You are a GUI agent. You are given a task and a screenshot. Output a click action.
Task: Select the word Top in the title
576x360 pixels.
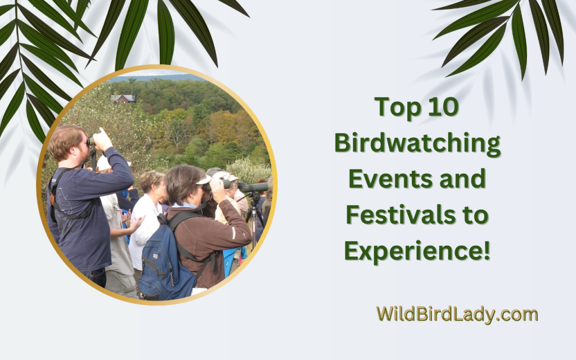pyautogui.click(x=397, y=107)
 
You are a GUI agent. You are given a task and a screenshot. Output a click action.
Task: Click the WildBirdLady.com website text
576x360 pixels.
pyautogui.click(x=457, y=314)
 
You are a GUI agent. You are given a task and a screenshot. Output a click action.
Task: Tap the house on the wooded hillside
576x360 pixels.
pyautogui.click(x=123, y=99)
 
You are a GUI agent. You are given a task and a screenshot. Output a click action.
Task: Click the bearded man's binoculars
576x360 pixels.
pyautogui.click(x=91, y=142)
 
